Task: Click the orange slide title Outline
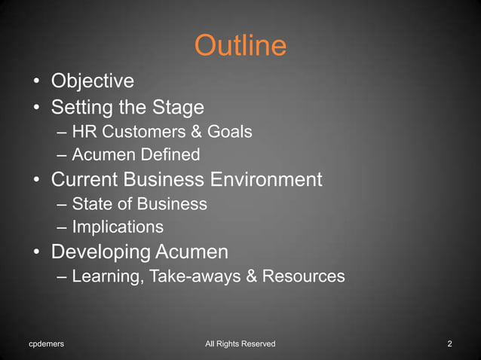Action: point(240,46)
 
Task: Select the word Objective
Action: point(92,80)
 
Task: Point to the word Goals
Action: point(228,132)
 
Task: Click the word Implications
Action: point(118,227)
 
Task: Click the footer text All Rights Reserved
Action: point(240,344)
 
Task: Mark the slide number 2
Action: point(449,344)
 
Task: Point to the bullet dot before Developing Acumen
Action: point(35,252)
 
